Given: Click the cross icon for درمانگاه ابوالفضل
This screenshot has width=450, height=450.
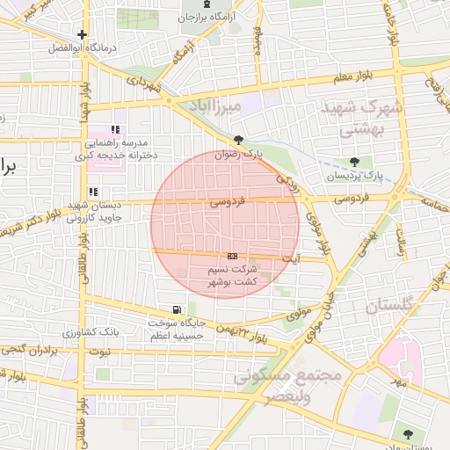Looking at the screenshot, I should point(82,35).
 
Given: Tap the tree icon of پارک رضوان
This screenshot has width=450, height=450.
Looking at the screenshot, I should point(238,139).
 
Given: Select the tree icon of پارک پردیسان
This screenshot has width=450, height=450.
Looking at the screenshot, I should point(354,162).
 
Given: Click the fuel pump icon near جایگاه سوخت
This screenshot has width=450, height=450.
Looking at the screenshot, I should point(178,309).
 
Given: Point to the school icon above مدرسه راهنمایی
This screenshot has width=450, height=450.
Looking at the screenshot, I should point(115,130).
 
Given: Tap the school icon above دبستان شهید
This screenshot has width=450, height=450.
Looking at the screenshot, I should point(93,192).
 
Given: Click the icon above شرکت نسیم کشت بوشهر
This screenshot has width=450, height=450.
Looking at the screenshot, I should point(232,254).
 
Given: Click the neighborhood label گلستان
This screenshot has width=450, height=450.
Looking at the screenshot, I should point(388,307).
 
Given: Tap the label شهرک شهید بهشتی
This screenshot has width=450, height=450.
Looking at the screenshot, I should point(362,118).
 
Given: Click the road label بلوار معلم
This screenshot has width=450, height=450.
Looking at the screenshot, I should point(353,76).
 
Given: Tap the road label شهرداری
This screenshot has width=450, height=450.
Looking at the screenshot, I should point(145,85).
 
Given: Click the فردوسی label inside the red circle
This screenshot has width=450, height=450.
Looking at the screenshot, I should point(227,202).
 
